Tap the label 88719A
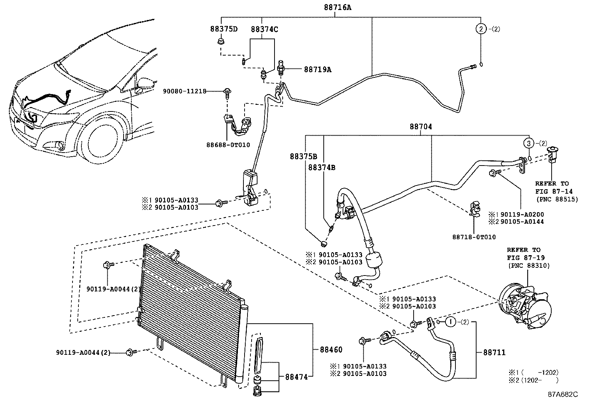(x=317, y=69)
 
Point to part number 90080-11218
(x=184, y=91)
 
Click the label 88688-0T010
(x=228, y=145)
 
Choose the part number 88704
(x=421, y=127)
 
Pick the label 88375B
(x=303, y=157)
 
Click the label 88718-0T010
(x=474, y=237)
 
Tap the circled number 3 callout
(x=529, y=143)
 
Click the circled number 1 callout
(x=450, y=322)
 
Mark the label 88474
(x=296, y=377)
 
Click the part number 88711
(x=494, y=353)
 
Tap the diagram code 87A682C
(x=563, y=394)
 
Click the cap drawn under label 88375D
(x=221, y=40)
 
